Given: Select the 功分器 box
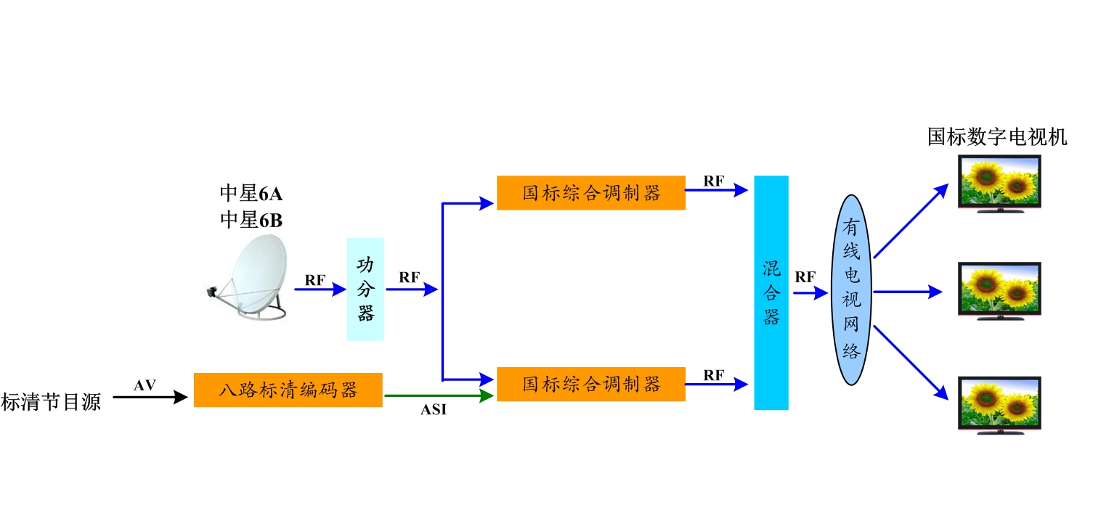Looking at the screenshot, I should point(365,289).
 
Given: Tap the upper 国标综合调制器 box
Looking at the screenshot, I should point(590,193).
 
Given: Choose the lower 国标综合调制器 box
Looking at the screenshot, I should point(590,384).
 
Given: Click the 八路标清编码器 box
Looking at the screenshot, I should point(288,390).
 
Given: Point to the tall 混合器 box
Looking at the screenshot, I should point(771,292).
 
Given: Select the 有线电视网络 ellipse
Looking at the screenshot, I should point(851,290).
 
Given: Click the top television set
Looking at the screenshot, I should point(999,184).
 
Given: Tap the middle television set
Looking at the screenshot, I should point(999,291).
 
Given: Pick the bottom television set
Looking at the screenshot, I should point(999,405).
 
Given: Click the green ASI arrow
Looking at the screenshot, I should point(439,396).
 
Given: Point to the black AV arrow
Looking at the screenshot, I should point(146,398).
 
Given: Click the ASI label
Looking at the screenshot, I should point(434,411).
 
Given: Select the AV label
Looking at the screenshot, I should point(145,385).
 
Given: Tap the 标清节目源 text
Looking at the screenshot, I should point(51,401).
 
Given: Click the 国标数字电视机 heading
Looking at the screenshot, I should point(997,136).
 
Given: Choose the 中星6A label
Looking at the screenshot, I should point(251,193).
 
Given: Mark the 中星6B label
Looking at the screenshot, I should point(251,220).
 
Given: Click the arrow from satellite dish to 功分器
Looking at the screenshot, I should point(320,290).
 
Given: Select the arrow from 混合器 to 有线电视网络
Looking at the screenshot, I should point(810,293).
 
